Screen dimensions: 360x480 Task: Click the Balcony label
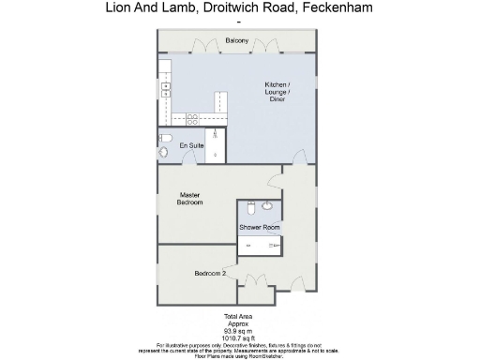tap(236, 40)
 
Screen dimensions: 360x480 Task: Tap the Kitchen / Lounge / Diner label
tap(277, 91)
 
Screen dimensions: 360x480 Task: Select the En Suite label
tap(191, 145)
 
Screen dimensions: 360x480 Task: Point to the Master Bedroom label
tap(190, 198)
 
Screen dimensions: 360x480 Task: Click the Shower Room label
tap(259, 228)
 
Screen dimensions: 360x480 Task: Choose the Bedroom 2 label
tap(210, 273)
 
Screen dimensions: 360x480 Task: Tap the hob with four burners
tap(192, 119)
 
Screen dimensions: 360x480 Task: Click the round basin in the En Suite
tap(163, 152)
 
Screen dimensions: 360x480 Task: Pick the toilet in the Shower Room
tap(251, 208)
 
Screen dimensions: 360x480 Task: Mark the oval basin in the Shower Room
tap(267, 205)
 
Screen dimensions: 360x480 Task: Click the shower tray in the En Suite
tap(216, 145)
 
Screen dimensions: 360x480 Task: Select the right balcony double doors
tap(268, 47)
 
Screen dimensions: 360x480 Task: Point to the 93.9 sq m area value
tap(237, 330)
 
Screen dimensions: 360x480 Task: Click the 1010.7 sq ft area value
tap(237, 337)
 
